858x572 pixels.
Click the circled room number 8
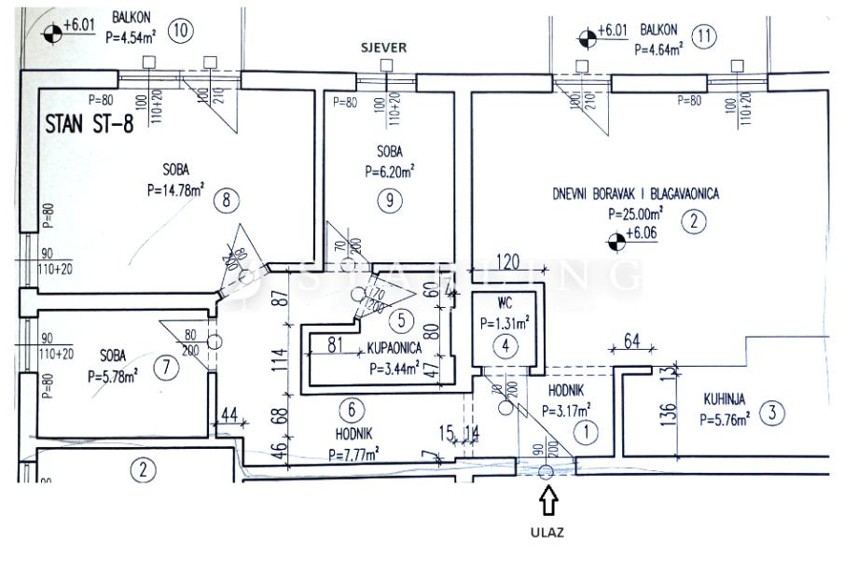coord(226,198)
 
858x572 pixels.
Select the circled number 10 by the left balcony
coord(179,30)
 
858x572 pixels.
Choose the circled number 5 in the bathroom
coord(400,321)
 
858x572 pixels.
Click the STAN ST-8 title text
coord(89,125)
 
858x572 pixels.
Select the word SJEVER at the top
coord(384,48)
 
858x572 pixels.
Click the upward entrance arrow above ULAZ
coord(549,502)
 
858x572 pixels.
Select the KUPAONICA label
coord(395,347)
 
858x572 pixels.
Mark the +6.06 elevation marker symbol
coord(616,243)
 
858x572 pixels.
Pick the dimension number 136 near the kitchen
coord(642,412)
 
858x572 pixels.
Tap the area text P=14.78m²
coord(177,189)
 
